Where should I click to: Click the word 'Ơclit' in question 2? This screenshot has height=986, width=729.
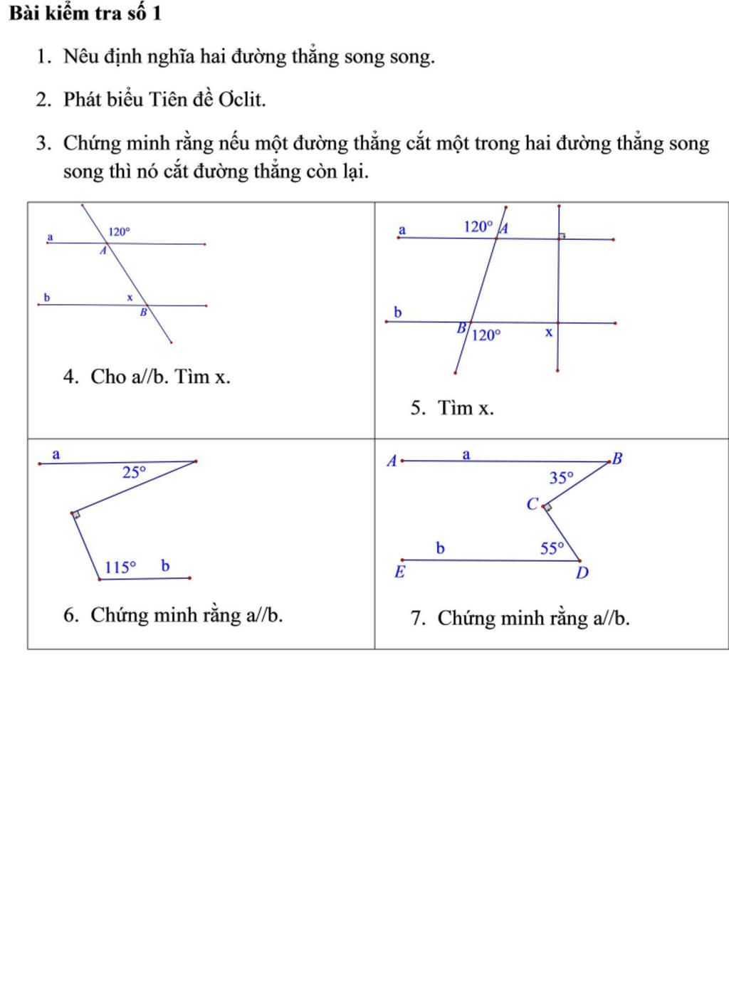click(x=241, y=100)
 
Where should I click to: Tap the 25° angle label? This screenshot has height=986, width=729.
click(x=134, y=472)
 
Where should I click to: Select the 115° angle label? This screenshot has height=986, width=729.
click(x=120, y=567)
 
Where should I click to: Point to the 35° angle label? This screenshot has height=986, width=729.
click(x=561, y=478)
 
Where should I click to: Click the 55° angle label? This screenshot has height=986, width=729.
click(x=552, y=548)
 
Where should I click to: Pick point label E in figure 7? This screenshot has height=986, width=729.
click(x=400, y=572)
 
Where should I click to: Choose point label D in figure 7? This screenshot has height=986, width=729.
click(x=582, y=573)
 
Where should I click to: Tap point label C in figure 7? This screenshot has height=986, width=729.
click(x=533, y=504)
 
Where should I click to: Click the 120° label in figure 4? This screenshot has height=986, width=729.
click(x=119, y=231)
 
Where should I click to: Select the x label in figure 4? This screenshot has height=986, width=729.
click(x=130, y=298)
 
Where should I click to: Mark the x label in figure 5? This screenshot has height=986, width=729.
click(x=549, y=332)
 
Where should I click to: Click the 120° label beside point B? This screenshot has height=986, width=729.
click(x=486, y=335)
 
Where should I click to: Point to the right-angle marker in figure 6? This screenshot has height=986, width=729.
click(x=76, y=514)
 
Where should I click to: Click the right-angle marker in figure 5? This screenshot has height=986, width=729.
click(x=562, y=236)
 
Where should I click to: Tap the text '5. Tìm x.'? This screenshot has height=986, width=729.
click(x=452, y=408)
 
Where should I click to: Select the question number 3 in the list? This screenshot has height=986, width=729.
click(x=43, y=144)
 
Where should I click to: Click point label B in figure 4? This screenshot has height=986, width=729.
click(x=143, y=312)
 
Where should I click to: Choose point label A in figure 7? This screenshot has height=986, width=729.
click(x=392, y=461)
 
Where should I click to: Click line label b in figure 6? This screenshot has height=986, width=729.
click(x=165, y=566)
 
